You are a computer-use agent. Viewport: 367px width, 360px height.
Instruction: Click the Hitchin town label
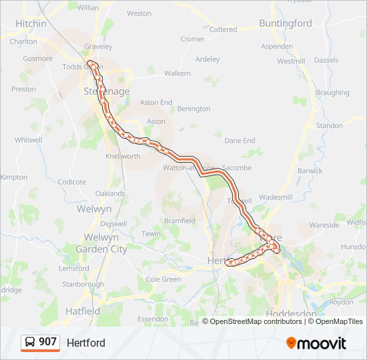coord(31,24)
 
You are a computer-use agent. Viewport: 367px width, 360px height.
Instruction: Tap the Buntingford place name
coord(286,23)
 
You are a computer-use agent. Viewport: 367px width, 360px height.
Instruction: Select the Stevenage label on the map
coord(107,91)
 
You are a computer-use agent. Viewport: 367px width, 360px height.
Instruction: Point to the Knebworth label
coord(123,156)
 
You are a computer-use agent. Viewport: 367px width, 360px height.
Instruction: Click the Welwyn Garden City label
coord(101,243)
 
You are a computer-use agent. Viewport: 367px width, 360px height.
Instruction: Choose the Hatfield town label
coord(83,311)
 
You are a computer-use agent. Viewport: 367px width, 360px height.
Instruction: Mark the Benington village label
coord(194,109)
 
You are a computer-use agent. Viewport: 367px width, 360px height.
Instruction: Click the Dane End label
coord(240,141)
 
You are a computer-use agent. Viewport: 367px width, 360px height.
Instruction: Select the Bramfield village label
coord(179,221)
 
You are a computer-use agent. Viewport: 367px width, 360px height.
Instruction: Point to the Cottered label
coord(223,29)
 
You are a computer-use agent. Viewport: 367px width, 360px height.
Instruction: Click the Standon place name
coord(330,125)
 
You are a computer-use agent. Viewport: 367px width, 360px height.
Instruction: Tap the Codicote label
coord(72,181)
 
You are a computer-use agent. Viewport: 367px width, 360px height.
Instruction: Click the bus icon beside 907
coord(30,342)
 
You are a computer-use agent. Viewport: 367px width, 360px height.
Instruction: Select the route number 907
coord(47,342)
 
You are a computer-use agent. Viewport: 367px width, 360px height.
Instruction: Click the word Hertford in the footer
coord(86,343)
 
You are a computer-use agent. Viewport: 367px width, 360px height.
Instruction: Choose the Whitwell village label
coord(29,140)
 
